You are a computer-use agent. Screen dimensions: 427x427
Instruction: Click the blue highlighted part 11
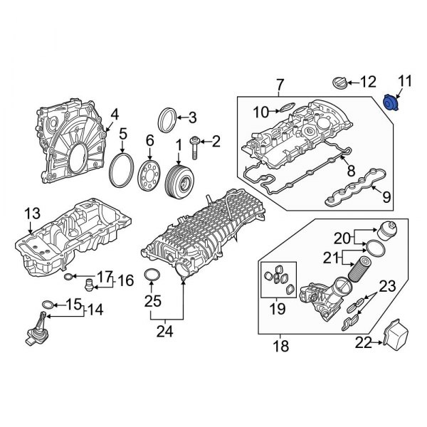(x=391, y=102)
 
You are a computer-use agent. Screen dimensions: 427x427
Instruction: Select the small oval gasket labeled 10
(x=285, y=108)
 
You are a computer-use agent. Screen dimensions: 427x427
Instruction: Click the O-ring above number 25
(x=152, y=275)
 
